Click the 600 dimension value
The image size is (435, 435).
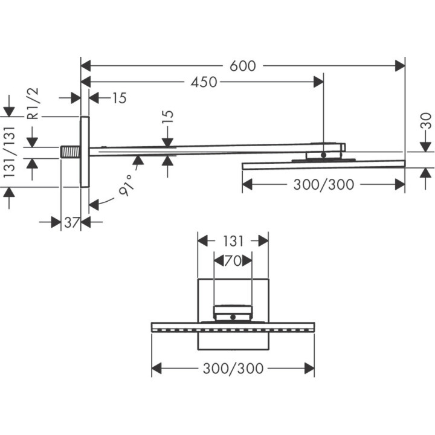[243, 66]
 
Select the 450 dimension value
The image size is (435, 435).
[204, 82]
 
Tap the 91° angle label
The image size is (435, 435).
[126, 189]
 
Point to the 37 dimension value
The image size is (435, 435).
[72, 222]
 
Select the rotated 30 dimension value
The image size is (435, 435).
[426, 121]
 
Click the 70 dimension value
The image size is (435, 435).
[233, 262]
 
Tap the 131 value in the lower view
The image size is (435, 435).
[233, 241]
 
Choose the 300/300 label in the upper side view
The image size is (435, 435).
[323, 185]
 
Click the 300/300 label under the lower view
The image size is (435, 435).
[233, 368]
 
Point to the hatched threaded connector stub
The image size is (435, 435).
[71, 150]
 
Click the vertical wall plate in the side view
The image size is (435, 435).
[85, 151]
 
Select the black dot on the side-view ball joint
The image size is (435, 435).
[324, 155]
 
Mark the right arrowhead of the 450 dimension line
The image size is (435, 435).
[318, 82]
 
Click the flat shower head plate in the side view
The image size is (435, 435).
[323, 164]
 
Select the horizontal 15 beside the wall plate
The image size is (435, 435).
[120, 98]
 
